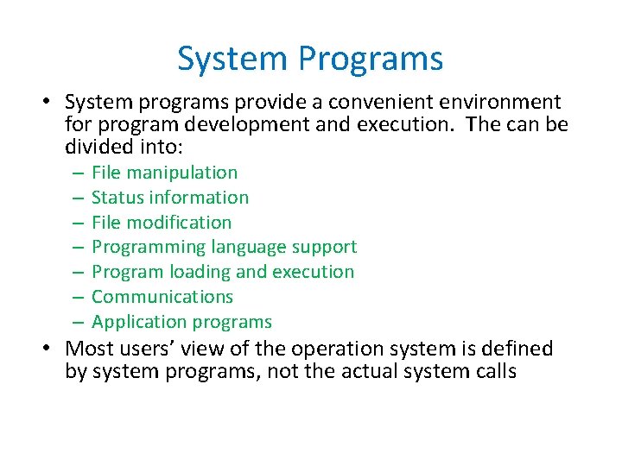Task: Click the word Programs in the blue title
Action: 371,60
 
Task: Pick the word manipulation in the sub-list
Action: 182,173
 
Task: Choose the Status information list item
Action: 169,198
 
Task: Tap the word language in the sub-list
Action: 244,247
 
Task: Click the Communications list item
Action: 162,297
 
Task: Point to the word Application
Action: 133,322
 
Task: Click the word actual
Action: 368,371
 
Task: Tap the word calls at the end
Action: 496,371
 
